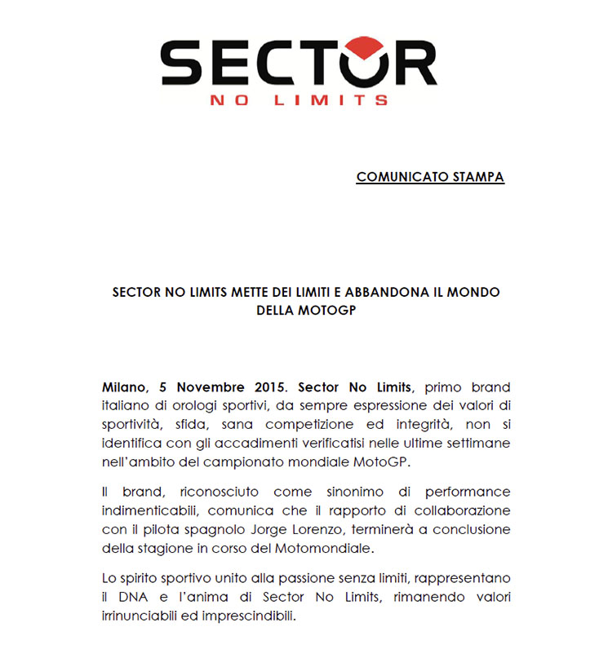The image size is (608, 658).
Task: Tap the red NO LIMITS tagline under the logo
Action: pyautogui.click(x=299, y=100)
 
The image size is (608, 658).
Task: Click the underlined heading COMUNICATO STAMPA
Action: pyautogui.click(x=430, y=177)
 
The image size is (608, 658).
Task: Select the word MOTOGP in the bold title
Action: pyautogui.click(x=326, y=310)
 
